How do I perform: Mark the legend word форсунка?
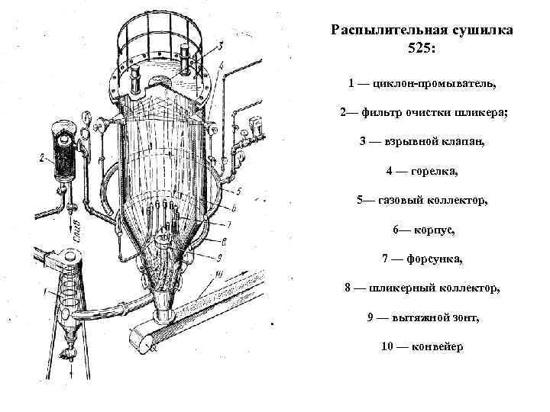coord(434,259)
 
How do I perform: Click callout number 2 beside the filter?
coord(41,159)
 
